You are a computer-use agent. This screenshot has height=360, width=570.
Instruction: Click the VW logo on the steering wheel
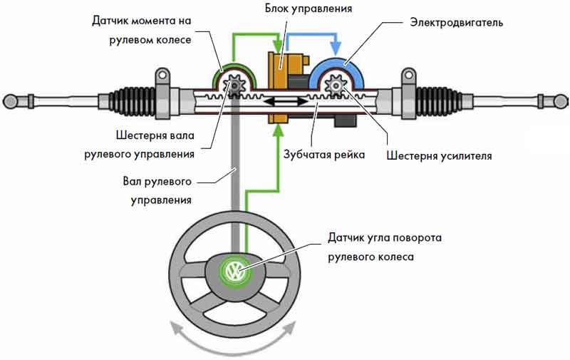pos(234,271)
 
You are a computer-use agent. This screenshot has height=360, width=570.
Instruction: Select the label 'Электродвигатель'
pos(457,22)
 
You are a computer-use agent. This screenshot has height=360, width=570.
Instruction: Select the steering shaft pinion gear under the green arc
pos(234,87)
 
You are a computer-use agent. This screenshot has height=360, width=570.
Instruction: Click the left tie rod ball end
pos(10,99)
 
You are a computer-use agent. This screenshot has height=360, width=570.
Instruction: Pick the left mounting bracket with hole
pos(162,74)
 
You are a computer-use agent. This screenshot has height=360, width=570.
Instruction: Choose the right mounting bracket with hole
pos(408,74)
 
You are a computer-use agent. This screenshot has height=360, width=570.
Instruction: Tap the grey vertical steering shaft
pos(234,178)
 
